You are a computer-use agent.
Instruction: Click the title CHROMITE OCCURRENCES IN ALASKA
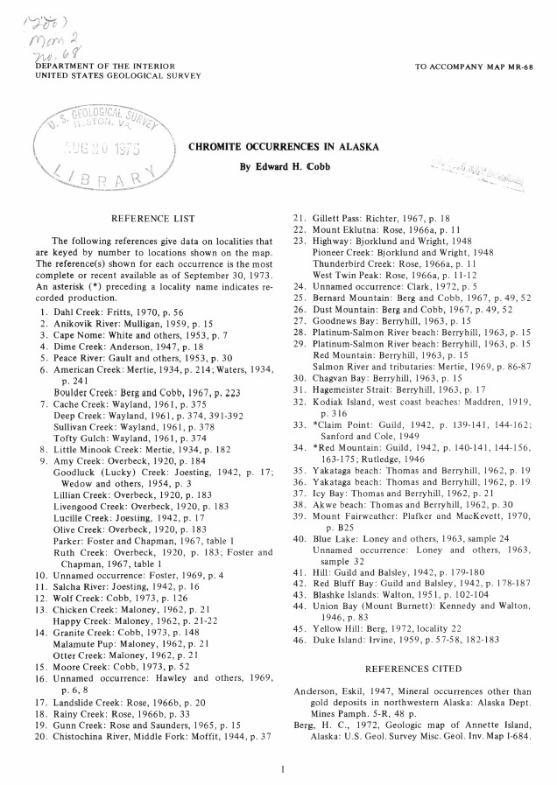pos(284,146)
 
